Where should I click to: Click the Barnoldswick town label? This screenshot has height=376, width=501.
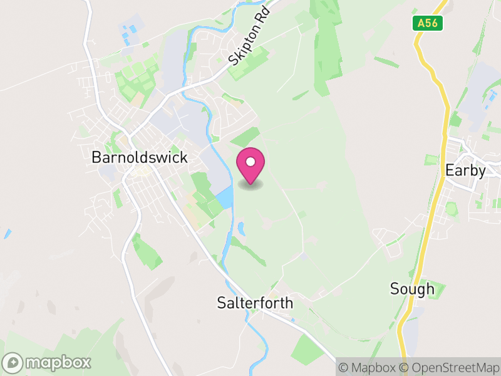(139, 157)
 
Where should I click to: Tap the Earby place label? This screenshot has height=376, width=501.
(465, 170)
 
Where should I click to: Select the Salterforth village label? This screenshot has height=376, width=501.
(254, 303)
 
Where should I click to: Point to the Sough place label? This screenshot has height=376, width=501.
(411, 289)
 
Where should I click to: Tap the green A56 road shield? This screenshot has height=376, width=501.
(428, 23)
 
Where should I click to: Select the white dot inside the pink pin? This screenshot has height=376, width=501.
(250, 162)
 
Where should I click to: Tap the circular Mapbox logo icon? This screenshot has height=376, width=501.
(14, 363)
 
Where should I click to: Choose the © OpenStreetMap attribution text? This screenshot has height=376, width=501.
(451, 367)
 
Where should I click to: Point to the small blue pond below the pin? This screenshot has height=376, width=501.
(240, 228)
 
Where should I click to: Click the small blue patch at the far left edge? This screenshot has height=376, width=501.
(7, 234)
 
